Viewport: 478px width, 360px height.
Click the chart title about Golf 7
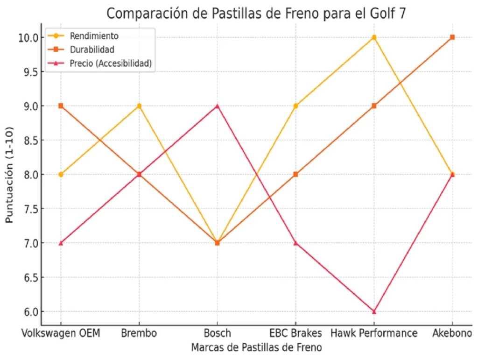click(256, 13)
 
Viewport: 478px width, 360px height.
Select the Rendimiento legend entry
click(94, 36)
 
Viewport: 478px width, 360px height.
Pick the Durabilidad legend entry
click(92, 49)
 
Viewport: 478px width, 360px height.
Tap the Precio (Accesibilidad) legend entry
click(111, 64)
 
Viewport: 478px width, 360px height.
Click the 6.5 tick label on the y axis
click(28, 277)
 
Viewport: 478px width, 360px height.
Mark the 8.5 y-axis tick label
click(28, 140)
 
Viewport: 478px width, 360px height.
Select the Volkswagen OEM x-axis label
click(61, 333)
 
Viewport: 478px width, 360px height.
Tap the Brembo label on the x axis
click(139, 333)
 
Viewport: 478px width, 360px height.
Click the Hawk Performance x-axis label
click(374, 333)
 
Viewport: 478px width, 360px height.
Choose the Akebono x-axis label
click(452, 333)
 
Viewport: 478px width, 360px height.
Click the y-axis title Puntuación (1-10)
click(9, 174)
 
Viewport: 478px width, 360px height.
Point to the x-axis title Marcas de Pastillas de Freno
click(256, 348)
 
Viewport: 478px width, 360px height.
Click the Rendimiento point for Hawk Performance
click(374, 37)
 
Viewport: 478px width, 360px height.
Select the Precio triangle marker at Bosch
click(217, 106)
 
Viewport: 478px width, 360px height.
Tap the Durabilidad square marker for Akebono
click(452, 37)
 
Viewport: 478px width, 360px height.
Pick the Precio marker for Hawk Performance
click(374, 311)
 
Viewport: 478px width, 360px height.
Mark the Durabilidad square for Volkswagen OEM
click(61, 106)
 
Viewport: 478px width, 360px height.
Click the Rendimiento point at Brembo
click(139, 106)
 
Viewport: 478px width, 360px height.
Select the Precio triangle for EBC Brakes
click(295, 243)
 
